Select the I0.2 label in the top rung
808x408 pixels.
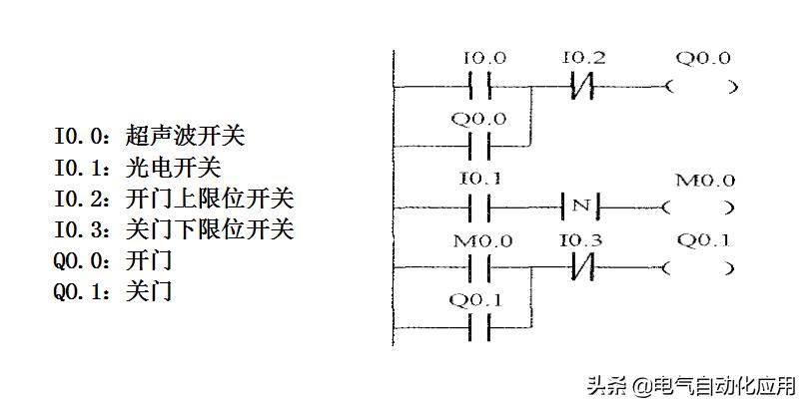tap(582, 59)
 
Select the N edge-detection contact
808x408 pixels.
tap(580, 207)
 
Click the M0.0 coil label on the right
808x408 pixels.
tap(705, 181)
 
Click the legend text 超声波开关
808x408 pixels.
tap(185, 135)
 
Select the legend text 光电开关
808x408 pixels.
tap(173, 167)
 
